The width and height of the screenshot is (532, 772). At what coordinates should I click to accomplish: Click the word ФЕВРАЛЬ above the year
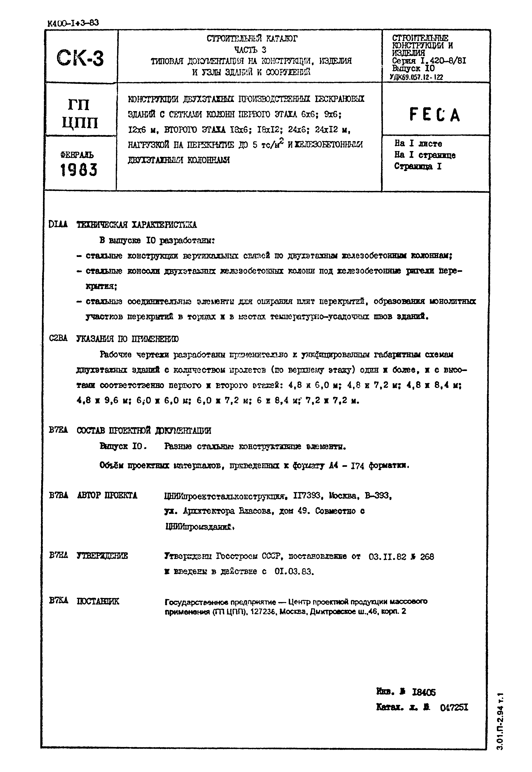tap(77, 155)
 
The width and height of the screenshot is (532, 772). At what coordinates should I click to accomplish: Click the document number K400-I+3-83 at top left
tap(73, 23)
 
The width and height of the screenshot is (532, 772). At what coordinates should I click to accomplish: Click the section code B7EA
tap(58, 430)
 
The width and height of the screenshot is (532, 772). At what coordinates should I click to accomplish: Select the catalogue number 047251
tap(454, 707)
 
